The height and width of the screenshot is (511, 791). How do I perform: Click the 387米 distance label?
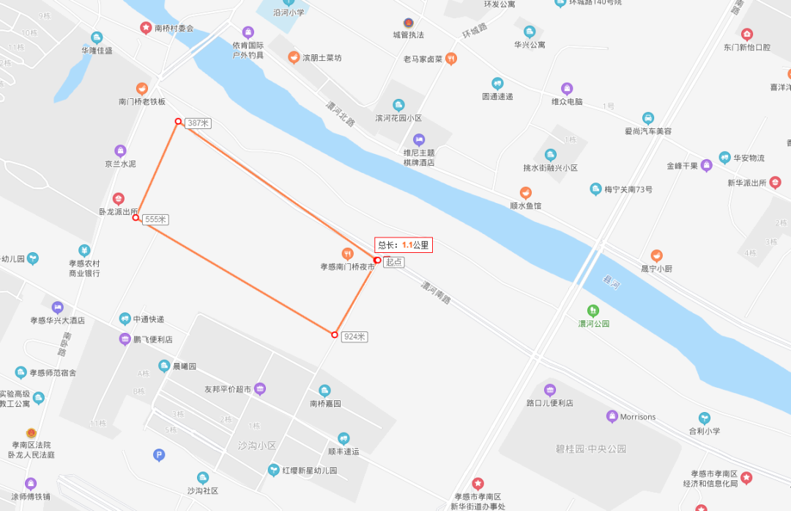coord(198,123)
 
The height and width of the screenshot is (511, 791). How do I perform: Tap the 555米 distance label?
coord(156,219)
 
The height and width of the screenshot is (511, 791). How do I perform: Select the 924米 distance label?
coord(354,337)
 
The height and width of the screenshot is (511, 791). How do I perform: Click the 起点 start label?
coord(393,262)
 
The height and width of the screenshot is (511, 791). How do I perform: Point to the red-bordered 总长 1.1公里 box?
coord(404,246)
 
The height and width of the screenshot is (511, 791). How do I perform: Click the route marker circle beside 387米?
coord(178,122)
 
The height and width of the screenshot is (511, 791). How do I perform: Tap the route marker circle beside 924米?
coord(335,335)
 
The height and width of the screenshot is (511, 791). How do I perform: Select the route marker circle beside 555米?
coord(135,218)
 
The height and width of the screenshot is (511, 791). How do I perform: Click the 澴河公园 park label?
coord(593,323)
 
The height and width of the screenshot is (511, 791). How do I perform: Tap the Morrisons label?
coord(637,417)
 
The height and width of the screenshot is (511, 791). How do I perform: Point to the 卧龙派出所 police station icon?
coord(118,199)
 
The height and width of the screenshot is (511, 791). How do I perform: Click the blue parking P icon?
coord(159,455)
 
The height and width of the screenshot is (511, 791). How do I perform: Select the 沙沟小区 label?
coord(256,445)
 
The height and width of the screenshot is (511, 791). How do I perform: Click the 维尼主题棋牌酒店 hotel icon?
coord(419,139)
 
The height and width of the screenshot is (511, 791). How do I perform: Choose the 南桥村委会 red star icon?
coord(146,28)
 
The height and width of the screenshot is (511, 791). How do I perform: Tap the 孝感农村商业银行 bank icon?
coord(84,251)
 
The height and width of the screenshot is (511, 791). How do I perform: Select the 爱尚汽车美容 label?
coord(647,130)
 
